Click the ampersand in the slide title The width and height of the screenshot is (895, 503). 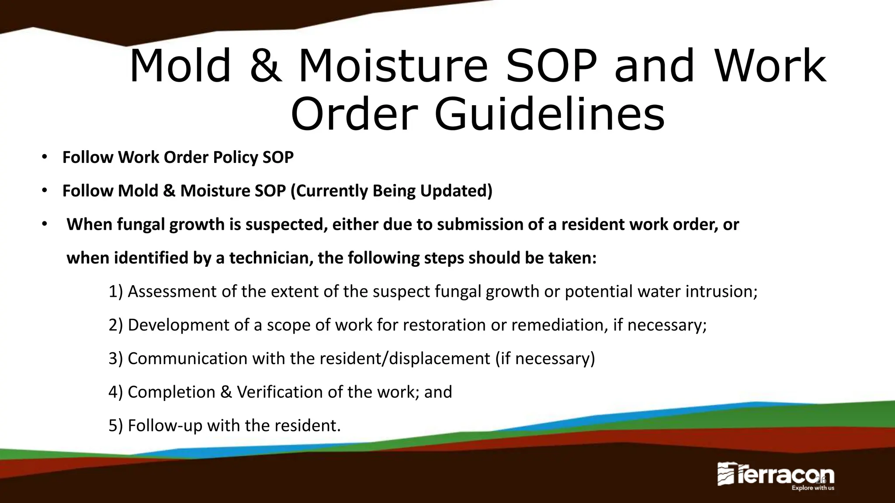tap(266, 66)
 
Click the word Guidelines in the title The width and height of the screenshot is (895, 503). tap(550, 114)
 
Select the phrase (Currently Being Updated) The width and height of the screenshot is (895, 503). tap(391, 191)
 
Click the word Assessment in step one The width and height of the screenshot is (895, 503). tap(172, 291)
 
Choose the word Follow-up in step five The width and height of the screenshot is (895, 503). tap(165, 426)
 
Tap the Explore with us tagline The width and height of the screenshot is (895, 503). tap(813, 488)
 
